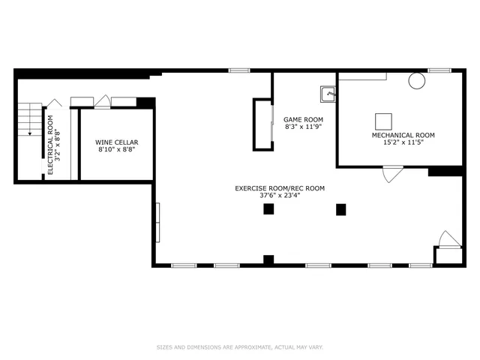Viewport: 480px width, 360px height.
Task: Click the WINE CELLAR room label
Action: pos(116,142)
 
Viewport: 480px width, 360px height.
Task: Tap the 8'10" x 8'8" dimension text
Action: pos(116,150)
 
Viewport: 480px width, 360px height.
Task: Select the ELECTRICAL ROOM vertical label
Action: pos(51,145)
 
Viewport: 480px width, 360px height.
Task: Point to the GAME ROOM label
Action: pos(303,120)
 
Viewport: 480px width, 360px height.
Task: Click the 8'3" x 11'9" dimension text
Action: pos(303,127)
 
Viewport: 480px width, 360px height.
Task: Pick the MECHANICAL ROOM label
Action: pos(403,135)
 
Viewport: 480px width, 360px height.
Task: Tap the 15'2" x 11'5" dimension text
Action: pos(403,142)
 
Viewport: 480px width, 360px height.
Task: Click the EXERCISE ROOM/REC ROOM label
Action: pos(280,188)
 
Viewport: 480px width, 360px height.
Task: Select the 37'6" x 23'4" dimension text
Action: pos(280,196)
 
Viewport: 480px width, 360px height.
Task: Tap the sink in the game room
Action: pos(328,94)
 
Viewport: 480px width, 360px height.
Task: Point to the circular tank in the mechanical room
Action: pos(416,82)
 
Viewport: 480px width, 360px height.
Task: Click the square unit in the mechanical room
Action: pos(383,121)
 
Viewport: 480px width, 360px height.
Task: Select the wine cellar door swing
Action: pos(103,100)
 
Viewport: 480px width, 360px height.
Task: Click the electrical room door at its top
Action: pos(55,103)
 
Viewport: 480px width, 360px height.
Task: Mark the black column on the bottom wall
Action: pos(268,260)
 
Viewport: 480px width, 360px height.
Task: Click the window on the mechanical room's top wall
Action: pos(439,70)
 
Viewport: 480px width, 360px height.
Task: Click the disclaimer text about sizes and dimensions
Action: pos(239,347)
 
